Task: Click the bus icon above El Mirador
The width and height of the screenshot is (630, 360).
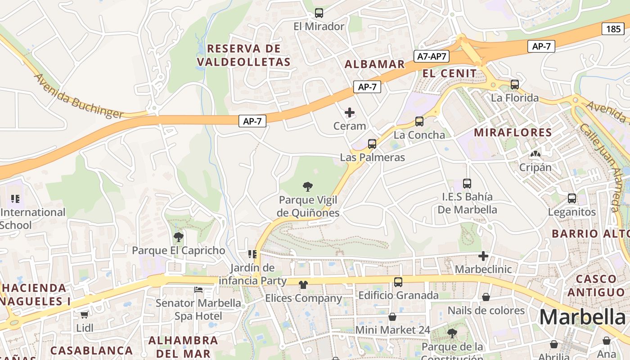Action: pyautogui.click(x=319, y=13)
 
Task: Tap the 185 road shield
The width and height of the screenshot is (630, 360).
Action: pyautogui.click(x=613, y=29)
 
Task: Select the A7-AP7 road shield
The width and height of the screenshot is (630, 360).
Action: pyautogui.click(x=432, y=56)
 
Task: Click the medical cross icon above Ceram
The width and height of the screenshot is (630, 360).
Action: pyautogui.click(x=350, y=112)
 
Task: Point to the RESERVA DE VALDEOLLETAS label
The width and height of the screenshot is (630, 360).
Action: pyautogui.click(x=243, y=55)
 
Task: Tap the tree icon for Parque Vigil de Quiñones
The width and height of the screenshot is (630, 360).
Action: pyautogui.click(x=308, y=186)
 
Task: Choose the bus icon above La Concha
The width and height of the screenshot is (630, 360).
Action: pyautogui.click(x=419, y=121)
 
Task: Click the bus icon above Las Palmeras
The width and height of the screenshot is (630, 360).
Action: pyautogui.click(x=372, y=144)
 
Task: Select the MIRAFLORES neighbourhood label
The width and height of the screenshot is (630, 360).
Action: pyautogui.click(x=513, y=132)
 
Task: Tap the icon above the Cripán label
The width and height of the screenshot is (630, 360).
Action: pyautogui.click(x=535, y=154)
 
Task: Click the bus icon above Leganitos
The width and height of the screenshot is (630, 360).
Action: pyautogui.click(x=572, y=198)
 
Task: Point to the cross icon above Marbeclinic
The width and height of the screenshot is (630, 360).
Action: pyautogui.click(x=483, y=256)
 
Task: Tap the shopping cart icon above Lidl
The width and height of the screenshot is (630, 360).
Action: pyautogui.click(x=84, y=315)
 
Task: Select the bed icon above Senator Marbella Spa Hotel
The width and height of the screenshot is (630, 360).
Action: pyautogui.click(x=198, y=289)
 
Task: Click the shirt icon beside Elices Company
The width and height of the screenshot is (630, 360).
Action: pyautogui.click(x=303, y=284)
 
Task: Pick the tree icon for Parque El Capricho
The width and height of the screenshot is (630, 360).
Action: pyautogui.click(x=179, y=237)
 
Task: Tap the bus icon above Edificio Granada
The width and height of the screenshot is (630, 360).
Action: pyautogui.click(x=398, y=282)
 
